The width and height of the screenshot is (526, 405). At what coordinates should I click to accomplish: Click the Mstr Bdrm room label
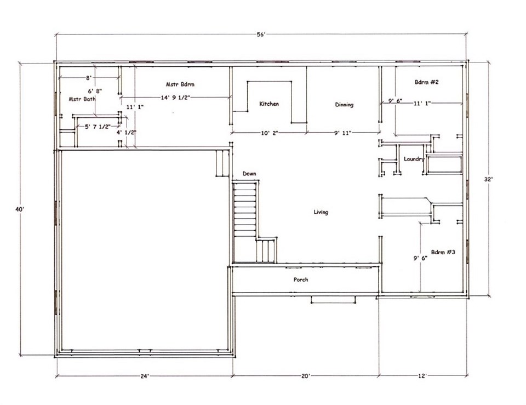pos(180,84)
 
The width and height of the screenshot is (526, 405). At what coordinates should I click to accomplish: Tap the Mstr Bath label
pos(82,99)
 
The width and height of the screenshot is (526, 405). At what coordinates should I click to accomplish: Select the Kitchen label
pos(269,104)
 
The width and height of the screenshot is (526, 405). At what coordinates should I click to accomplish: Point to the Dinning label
pos(344,105)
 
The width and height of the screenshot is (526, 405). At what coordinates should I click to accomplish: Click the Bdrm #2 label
pos(427,82)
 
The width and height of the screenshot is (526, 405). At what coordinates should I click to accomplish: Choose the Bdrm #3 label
pos(443,252)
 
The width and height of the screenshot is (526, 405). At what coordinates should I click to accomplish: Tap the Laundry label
pos(414,159)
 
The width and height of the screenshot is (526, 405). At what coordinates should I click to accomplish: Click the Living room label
pos(321,212)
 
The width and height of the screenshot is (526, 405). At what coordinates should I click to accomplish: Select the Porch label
pos(301,279)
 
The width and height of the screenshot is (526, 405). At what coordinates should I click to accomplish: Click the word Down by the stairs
pos(249,174)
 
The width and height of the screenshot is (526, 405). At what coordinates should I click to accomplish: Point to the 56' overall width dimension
pos(261,35)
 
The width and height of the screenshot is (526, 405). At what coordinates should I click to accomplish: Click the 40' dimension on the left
pos(20,209)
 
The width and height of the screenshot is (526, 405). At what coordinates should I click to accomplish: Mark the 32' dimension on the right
pos(488,179)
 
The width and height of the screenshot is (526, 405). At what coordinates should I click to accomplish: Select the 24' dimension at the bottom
pos(145,376)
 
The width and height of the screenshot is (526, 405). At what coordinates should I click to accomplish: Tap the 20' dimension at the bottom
pos(305,376)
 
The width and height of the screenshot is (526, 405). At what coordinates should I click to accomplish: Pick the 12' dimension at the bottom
pos(422,376)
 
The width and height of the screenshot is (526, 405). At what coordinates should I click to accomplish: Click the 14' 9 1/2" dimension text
pos(175,98)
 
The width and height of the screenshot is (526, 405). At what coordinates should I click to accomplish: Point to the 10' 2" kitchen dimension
pos(270,133)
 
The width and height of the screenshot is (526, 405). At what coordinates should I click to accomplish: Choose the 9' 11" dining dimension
pos(342,133)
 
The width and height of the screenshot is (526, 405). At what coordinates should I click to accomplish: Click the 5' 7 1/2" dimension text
pos(98,127)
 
